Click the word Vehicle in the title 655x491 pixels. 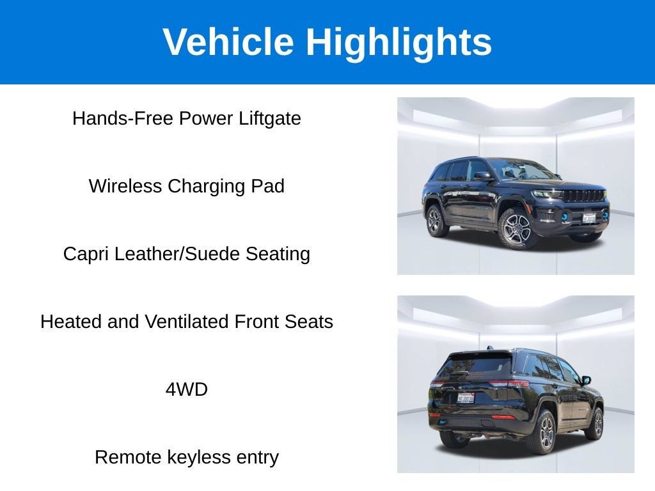pyautogui.click(x=228, y=42)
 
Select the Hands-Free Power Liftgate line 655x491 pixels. pyautogui.click(x=187, y=118)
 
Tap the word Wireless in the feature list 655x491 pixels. pyautogui.click(x=125, y=186)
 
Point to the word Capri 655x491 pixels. pyautogui.click(x=86, y=254)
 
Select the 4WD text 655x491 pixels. pyautogui.click(x=187, y=389)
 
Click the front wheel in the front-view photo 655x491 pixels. pyautogui.click(x=516, y=228)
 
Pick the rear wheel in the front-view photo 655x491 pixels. pyautogui.click(x=434, y=220)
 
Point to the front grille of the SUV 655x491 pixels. pyautogui.click(x=583, y=196)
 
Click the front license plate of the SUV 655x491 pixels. pyautogui.click(x=588, y=218)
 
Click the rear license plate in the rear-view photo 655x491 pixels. pyautogui.click(x=466, y=398)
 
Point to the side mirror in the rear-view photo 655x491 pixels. pyautogui.click(x=586, y=380)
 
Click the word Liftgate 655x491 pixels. pyautogui.click(x=270, y=118)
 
